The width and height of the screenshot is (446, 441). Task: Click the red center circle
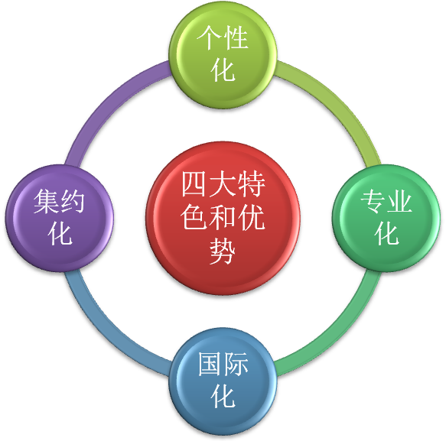[x=223, y=218]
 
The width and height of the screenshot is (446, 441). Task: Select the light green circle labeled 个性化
[x=223, y=55]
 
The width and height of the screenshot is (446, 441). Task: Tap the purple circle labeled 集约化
[x=60, y=218]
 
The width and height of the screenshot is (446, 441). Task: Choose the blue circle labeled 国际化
[x=223, y=381]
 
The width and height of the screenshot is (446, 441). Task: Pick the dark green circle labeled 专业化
[x=386, y=218]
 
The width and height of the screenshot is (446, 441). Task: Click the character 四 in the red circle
[x=195, y=183]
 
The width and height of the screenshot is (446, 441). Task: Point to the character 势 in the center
[x=223, y=251]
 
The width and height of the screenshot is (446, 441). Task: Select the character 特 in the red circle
[x=252, y=183]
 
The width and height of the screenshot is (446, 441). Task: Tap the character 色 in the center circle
[x=194, y=217]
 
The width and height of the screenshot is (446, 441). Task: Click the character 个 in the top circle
[x=209, y=37]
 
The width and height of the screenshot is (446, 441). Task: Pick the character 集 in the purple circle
[x=46, y=201]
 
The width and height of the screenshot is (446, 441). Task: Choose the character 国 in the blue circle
[x=210, y=364]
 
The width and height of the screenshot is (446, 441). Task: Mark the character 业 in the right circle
[x=400, y=201]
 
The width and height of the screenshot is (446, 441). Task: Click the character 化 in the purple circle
[x=60, y=233]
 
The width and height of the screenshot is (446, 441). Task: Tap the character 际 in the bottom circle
[x=236, y=364]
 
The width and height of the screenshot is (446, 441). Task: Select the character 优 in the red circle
[x=252, y=217]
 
